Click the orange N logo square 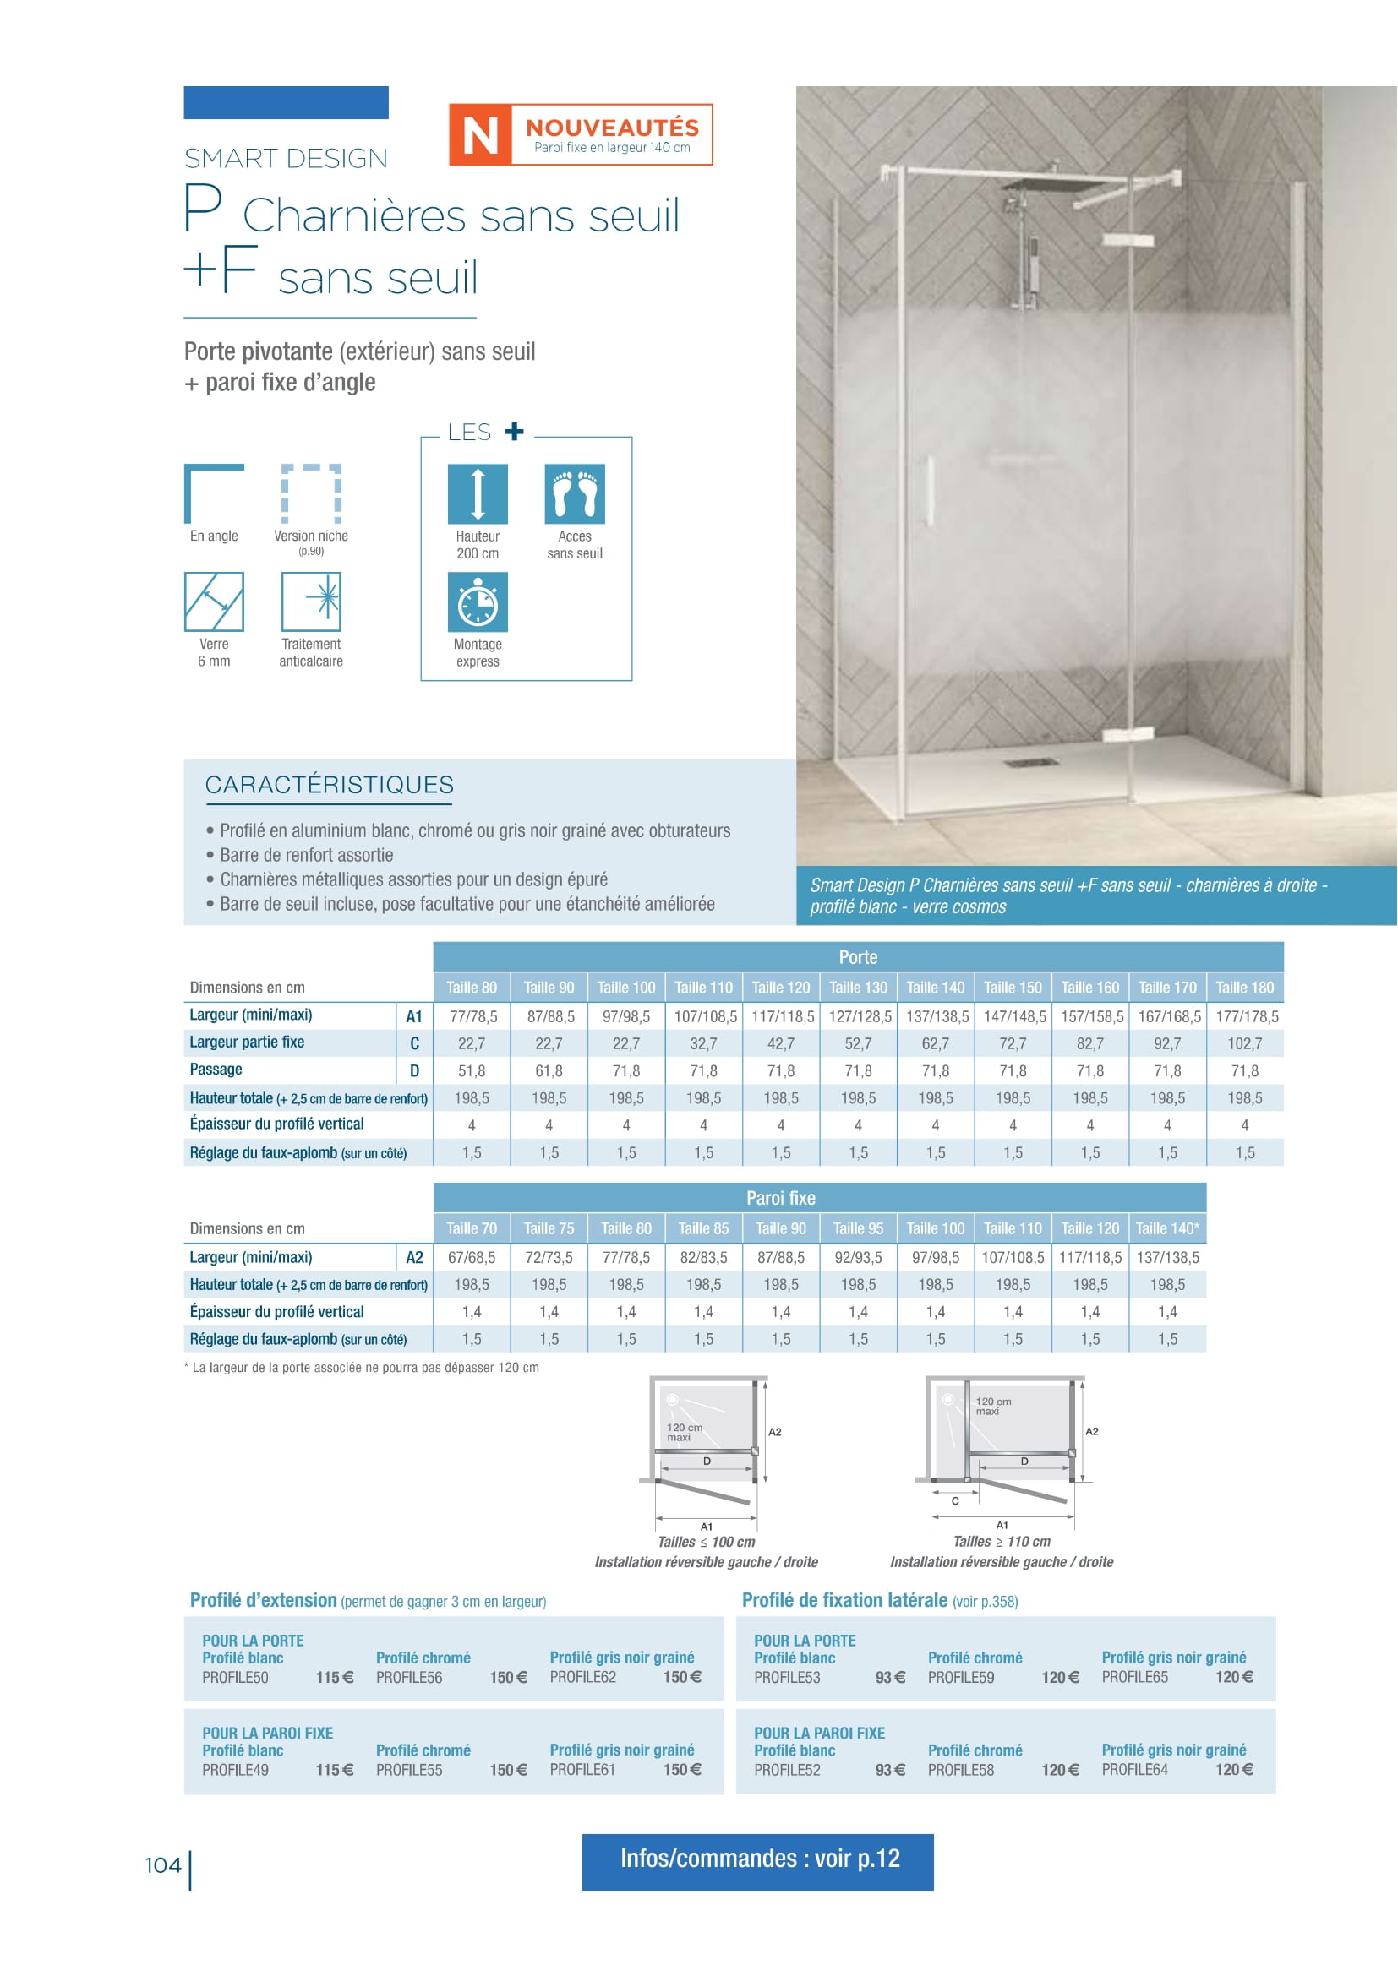tap(479, 134)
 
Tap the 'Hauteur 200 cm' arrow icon tap(477, 494)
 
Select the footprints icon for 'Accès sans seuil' tap(574, 494)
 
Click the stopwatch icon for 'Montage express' tap(477, 602)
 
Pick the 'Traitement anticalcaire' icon tap(311, 602)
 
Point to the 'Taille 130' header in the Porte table tap(857, 987)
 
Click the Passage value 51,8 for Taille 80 tap(472, 1070)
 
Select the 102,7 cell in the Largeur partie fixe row tap(1245, 1044)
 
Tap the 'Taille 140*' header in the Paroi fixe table tap(1166, 1228)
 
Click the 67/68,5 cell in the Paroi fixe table tap(472, 1257)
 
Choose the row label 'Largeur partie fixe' tap(247, 1042)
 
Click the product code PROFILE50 tap(235, 1678)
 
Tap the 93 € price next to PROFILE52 tap(890, 1771)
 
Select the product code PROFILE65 tap(1134, 1678)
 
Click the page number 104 tap(162, 1865)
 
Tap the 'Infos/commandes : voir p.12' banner tap(757, 1859)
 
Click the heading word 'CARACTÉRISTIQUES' tap(329, 785)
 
